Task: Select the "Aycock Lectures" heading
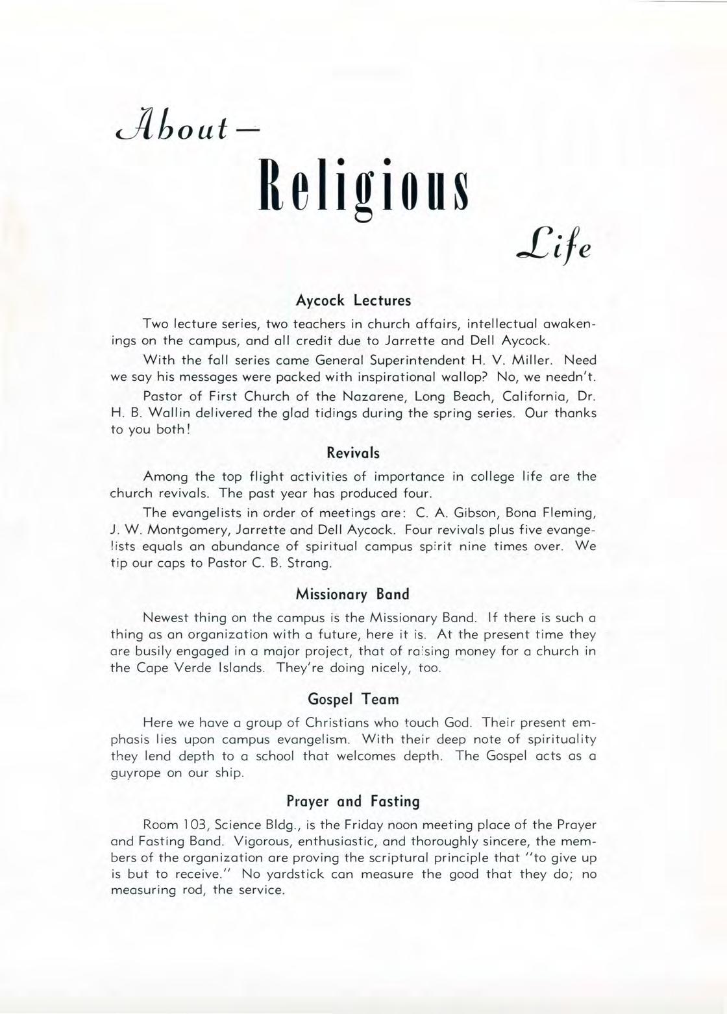pos(354,301)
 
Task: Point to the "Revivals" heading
pos(353,453)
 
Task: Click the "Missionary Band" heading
pos(352,594)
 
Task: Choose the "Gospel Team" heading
pos(352,699)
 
